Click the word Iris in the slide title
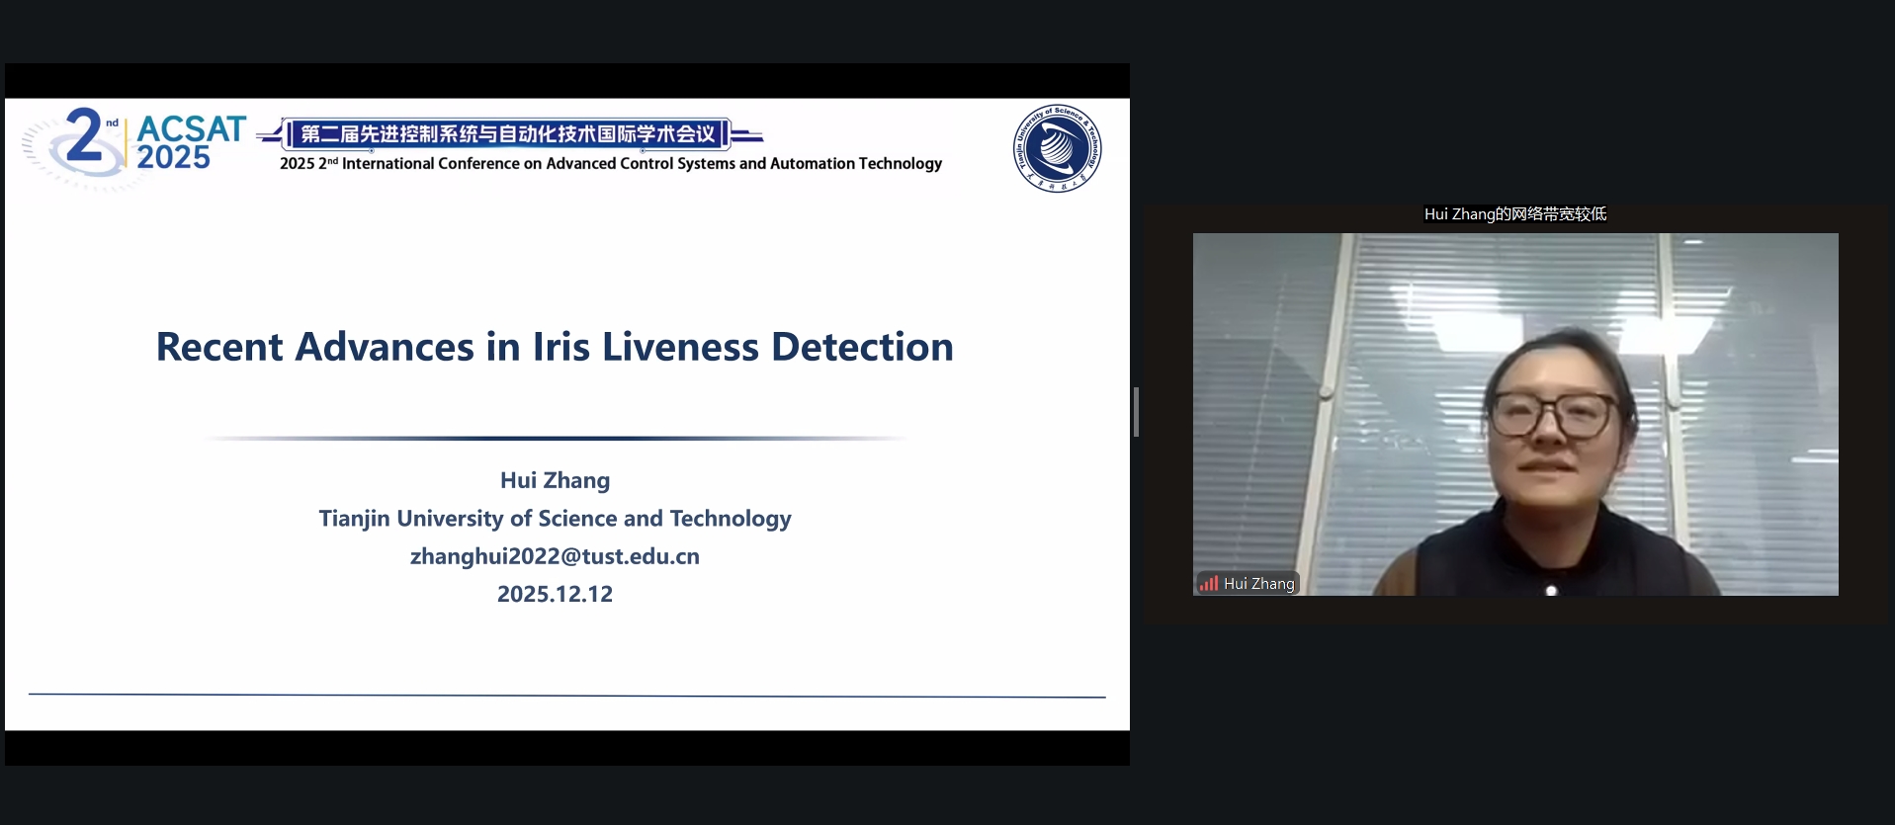560,347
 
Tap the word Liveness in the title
681,347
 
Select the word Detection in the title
862,347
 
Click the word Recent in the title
219,347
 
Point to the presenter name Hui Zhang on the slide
555,480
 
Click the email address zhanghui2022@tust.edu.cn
555,556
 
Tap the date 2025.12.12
555,594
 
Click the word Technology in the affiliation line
731,519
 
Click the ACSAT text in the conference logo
191,128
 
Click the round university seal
1057,148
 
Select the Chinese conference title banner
508,134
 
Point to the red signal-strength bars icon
1208,583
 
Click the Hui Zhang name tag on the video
1248,584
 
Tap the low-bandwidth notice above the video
1515,214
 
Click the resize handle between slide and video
1137,412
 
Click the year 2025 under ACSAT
173,157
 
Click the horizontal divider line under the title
555,438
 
